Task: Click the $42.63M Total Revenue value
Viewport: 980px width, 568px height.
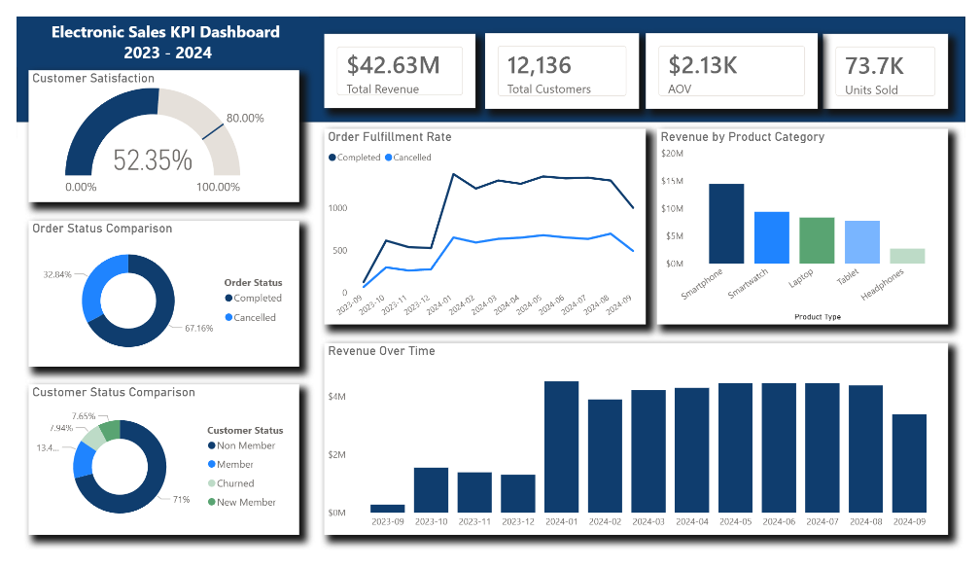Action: tap(393, 65)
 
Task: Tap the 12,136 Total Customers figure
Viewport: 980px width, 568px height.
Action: tap(539, 65)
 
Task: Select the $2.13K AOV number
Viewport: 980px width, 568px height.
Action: tap(704, 65)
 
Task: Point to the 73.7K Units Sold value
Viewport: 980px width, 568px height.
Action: tap(874, 66)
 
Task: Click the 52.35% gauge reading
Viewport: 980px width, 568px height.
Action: tap(153, 160)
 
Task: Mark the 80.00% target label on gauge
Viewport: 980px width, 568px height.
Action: tap(245, 118)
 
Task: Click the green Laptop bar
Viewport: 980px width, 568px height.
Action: tap(817, 239)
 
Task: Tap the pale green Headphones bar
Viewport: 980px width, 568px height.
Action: tap(907, 256)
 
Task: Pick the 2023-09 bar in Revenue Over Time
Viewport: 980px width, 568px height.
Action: tap(388, 508)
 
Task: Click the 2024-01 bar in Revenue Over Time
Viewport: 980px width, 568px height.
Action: tap(562, 446)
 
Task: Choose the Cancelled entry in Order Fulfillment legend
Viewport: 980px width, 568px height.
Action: tap(408, 158)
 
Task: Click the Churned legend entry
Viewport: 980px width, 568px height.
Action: tap(235, 483)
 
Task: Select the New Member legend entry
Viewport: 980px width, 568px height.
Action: tap(246, 502)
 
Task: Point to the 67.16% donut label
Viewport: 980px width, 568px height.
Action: tap(198, 329)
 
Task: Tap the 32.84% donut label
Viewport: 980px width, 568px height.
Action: tap(58, 275)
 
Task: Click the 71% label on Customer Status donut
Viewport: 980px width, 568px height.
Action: tap(181, 500)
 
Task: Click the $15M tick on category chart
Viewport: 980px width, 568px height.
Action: tap(672, 181)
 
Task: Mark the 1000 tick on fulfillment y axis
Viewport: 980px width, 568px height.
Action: tap(337, 208)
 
